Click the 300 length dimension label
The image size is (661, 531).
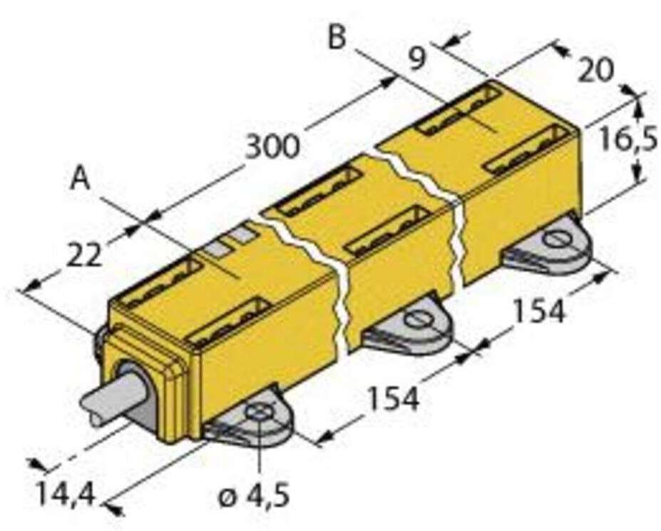point(272,147)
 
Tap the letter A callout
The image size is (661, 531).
point(80,178)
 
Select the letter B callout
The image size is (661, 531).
point(337,37)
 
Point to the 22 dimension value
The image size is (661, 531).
point(84,255)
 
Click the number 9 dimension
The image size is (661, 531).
point(416,59)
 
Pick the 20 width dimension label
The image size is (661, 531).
point(595,70)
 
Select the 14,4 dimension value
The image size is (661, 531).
point(66,495)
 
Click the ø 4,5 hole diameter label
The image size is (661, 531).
point(254,495)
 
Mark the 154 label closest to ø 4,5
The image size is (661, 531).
point(394,399)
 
